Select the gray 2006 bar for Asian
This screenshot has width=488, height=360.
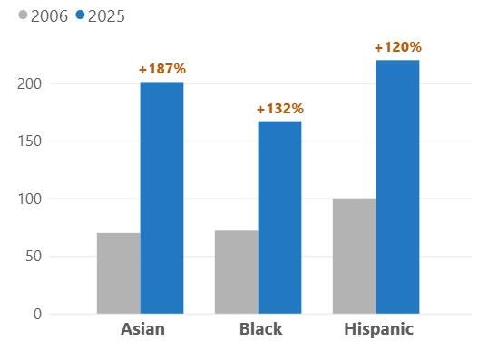[119, 273]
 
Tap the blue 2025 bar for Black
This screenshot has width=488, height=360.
[279, 218]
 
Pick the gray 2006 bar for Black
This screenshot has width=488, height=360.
[237, 272]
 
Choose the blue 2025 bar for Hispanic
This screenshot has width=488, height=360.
[397, 187]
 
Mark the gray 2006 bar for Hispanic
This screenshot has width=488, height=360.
[355, 256]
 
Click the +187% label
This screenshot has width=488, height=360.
[161, 69]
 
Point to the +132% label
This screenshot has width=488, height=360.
[279, 109]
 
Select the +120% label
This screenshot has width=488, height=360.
[397, 47]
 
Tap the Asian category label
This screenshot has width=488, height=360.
[142, 329]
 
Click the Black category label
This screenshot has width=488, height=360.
[260, 329]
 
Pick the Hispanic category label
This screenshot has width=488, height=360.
[378, 329]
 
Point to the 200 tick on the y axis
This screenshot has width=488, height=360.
[31, 83]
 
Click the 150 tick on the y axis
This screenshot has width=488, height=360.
[31, 141]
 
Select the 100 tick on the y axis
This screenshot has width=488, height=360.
[31, 199]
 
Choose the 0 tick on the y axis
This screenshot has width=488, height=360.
[38, 315]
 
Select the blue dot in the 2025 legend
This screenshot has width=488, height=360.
[80, 15]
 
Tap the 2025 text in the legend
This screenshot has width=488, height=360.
[106, 16]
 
